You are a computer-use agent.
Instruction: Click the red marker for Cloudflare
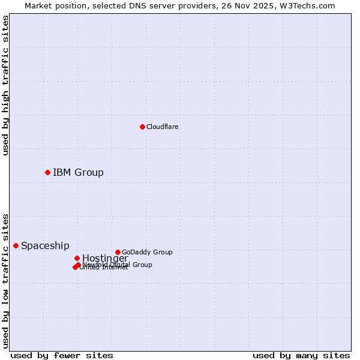click(142, 127)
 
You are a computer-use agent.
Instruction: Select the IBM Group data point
click(47, 172)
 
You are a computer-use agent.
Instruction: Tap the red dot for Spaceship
click(16, 245)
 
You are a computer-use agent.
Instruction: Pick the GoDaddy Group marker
click(118, 252)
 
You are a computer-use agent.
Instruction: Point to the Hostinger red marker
click(77, 258)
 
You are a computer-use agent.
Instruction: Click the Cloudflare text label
click(162, 127)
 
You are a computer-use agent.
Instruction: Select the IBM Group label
click(78, 173)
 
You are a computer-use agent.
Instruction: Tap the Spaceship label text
click(45, 246)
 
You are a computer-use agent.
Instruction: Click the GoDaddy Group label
click(147, 252)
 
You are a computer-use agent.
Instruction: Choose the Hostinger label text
click(105, 259)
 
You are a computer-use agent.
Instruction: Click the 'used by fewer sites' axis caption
click(62, 355)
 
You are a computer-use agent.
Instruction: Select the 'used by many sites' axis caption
click(301, 355)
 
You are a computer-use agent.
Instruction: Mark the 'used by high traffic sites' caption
click(5, 85)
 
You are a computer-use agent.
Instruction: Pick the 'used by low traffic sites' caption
click(5, 280)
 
